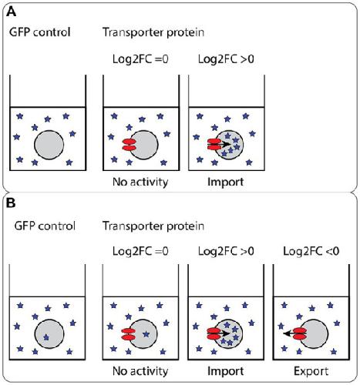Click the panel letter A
[11, 12]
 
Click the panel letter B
[11, 203]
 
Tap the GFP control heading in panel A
[40, 32]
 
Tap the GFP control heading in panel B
[45, 226]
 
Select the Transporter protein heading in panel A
[153, 32]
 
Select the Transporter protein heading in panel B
[153, 226]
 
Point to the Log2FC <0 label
[311, 251]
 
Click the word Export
[311, 371]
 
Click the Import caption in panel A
[225, 182]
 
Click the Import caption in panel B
[225, 371]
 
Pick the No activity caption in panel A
[140, 182]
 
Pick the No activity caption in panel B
[140, 371]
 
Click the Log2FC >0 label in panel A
[226, 59]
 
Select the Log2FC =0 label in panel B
[140, 251]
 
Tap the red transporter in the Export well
[300, 333]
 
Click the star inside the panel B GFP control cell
[46, 337]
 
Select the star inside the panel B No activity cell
[146, 334]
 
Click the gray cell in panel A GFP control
[49, 145]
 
